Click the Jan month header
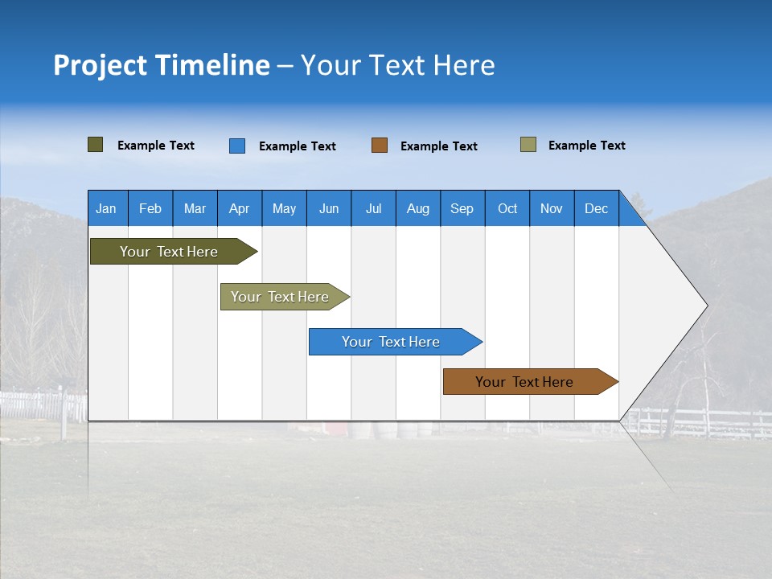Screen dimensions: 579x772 (x=107, y=208)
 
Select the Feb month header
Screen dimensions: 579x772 (x=150, y=208)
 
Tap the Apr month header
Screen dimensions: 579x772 (x=240, y=208)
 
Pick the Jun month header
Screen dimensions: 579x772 (x=329, y=208)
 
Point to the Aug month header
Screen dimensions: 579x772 (x=418, y=208)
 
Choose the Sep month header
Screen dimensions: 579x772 (x=462, y=208)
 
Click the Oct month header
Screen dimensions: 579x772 (x=507, y=208)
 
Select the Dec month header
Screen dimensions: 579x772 (x=597, y=208)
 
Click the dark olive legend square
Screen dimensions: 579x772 (x=96, y=145)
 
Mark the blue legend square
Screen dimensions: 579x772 (x=237, y=146)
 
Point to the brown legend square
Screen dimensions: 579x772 (x=380, y=146)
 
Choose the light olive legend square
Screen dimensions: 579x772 (x=528, y=145)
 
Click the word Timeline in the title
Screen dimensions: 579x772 (x=212, y=65)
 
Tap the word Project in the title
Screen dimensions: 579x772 (x=101, y=65)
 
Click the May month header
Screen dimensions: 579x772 (x=284, y=208)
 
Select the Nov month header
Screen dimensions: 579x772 (x=552, y=208)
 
